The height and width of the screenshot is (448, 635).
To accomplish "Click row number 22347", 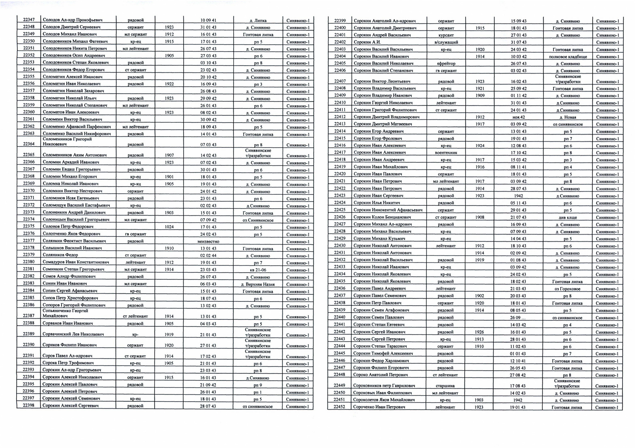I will point(29,20).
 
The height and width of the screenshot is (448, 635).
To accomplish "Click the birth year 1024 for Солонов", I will point(169,227).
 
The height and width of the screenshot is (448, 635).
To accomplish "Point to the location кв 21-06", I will point(258,270).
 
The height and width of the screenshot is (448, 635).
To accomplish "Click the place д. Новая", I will point(568,117).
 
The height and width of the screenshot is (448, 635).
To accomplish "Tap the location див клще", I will point(568,217).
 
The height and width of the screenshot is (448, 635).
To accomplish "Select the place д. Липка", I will point(258,20).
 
